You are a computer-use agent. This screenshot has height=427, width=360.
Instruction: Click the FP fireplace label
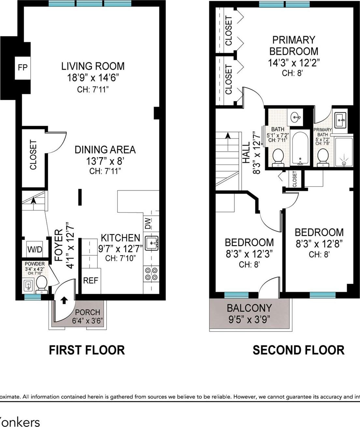[x=22, y=67]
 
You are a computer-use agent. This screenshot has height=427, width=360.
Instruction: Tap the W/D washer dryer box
[x=35, y=249]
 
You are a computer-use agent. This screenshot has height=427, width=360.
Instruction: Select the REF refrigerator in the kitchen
[x=91, y=280]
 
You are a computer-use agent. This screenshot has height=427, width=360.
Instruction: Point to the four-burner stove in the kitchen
[x=151, y=274]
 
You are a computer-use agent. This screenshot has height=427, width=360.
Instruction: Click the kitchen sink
[x=151, y=243]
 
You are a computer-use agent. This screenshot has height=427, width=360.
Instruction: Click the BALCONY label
[x=249, y=308]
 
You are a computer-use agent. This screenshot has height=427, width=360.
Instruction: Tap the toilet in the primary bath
[x=323, y=156]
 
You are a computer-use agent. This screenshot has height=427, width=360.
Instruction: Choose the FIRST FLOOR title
[x=87, y=350]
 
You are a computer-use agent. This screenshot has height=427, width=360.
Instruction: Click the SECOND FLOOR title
[x=298, y=350]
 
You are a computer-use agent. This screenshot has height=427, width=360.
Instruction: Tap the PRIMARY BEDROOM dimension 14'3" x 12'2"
[x=294, y=63]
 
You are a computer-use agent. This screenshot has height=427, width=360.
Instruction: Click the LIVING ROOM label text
[x=93, y=66]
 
